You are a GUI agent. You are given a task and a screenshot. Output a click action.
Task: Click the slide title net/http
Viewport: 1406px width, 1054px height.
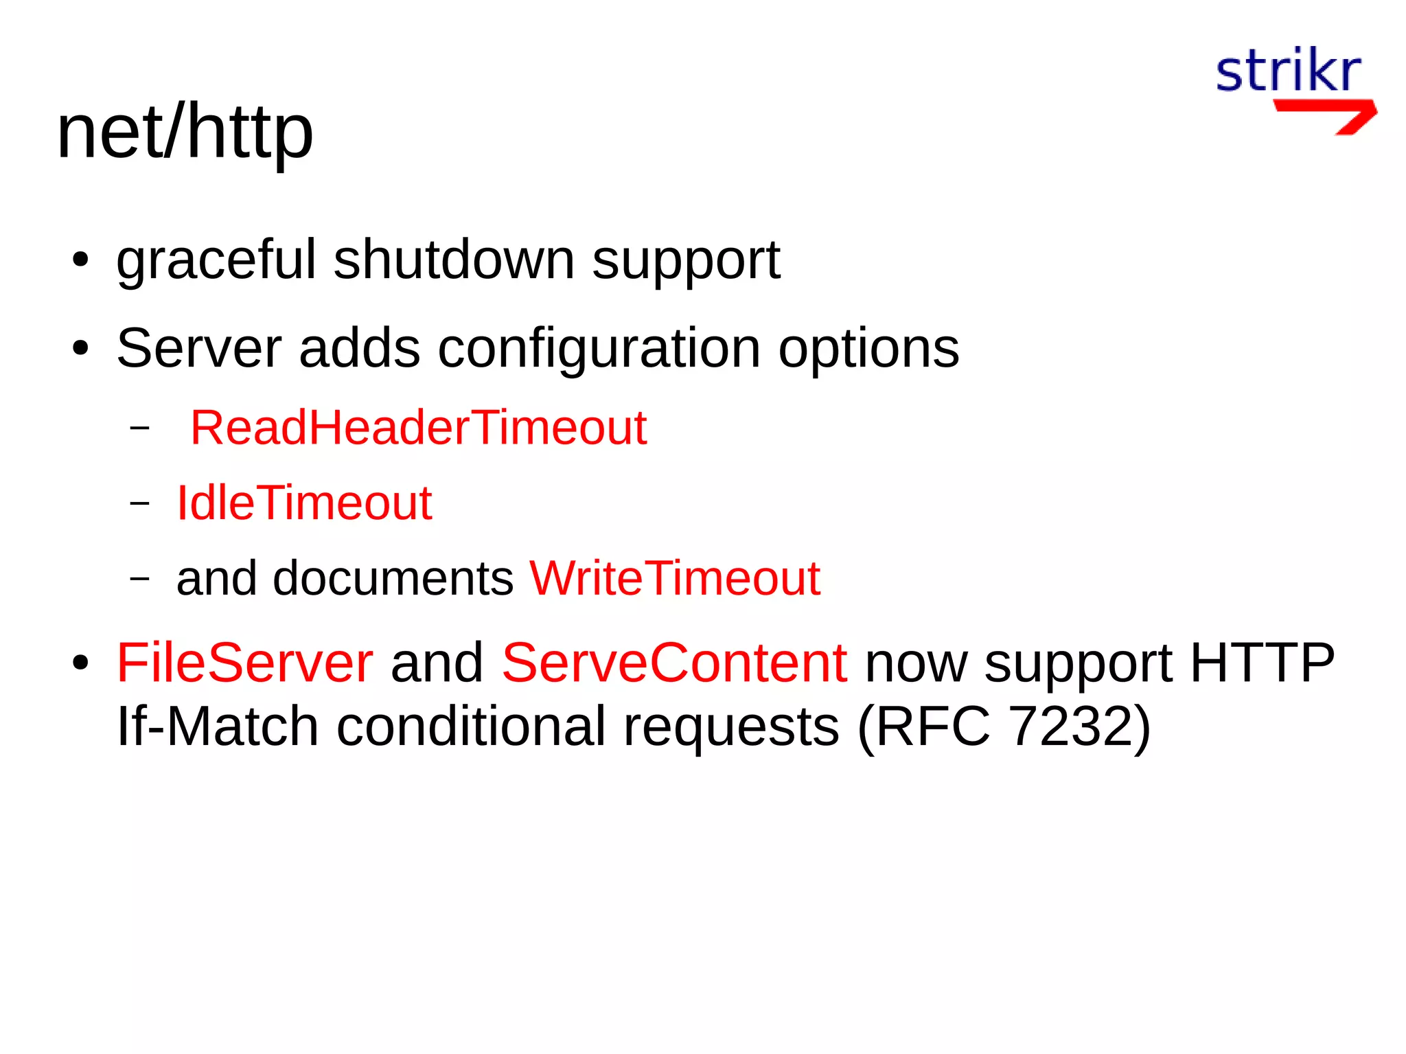[x=185, y=132]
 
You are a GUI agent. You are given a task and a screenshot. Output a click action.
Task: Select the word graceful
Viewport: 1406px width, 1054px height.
[x=216, y=261]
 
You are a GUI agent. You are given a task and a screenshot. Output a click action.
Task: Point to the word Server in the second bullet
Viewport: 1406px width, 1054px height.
[x=199, y=348]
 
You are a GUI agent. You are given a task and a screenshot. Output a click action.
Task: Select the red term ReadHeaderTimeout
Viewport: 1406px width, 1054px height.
[x=418, y=428]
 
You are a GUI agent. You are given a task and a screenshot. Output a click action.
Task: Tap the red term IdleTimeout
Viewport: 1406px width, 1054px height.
[x=304, y=503]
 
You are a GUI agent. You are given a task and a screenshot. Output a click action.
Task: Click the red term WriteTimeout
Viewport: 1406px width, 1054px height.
[x=675, y=578]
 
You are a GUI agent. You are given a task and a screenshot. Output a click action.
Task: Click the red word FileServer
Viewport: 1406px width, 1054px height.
[x=245, y=663]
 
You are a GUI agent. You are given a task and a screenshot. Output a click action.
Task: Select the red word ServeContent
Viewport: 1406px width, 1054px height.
[x=675, y=663]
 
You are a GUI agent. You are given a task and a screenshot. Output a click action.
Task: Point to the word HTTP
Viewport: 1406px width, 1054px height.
[x=1262, y=663]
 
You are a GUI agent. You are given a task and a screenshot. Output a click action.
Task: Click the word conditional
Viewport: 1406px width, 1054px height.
[x=471, y=726]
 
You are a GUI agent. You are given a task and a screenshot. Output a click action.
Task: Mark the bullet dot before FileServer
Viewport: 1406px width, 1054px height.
[x=81, y=664]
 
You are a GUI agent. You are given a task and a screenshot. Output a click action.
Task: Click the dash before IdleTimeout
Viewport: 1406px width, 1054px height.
[x=139, y=503]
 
